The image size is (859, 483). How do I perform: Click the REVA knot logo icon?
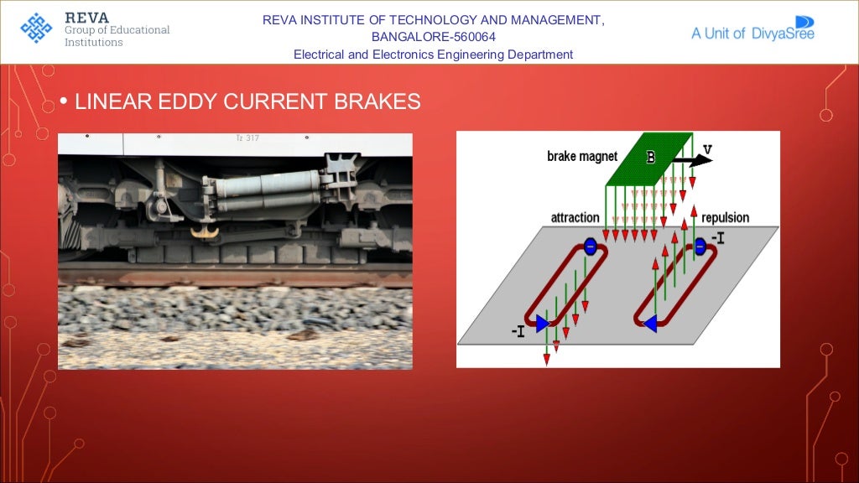pos(36,29)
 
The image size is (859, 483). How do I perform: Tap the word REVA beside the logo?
pos(87,17)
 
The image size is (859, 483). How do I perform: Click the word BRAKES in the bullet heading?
pos(377,102)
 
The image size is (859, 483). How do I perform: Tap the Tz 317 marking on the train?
pos(247,138)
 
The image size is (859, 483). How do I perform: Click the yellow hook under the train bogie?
pos(203,228)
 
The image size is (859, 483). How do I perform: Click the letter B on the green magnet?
pos(649,155)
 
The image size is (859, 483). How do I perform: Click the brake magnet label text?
pos(581,156)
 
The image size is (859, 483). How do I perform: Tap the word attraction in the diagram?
pos(575,218)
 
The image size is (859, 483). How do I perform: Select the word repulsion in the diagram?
pos(725,218)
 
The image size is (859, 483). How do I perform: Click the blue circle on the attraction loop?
pos(590,247)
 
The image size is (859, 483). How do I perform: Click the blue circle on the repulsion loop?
pos(700,246)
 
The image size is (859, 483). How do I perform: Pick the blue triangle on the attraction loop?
pos(543,321)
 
